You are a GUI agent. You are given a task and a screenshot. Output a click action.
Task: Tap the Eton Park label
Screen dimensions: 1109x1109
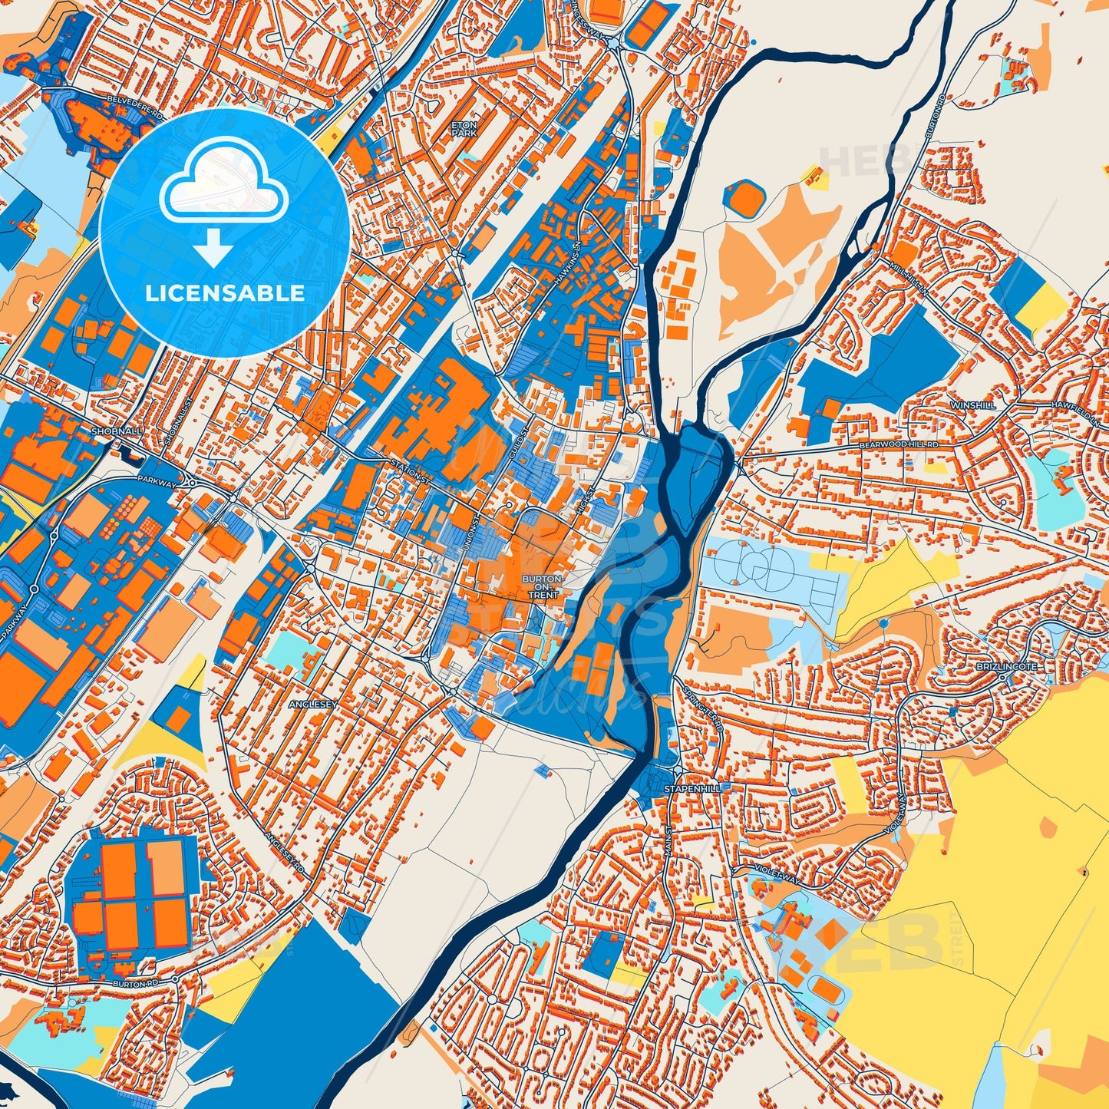(464, 128)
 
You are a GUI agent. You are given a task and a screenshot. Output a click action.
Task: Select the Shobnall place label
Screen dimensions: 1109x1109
(116, 432)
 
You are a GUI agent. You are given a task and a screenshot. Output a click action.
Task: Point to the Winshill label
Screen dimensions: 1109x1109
(972, 404)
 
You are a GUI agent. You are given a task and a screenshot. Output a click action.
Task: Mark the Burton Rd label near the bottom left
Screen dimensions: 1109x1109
(134, 983)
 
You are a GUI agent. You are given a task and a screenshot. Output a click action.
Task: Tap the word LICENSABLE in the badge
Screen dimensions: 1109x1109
(225, 293)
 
